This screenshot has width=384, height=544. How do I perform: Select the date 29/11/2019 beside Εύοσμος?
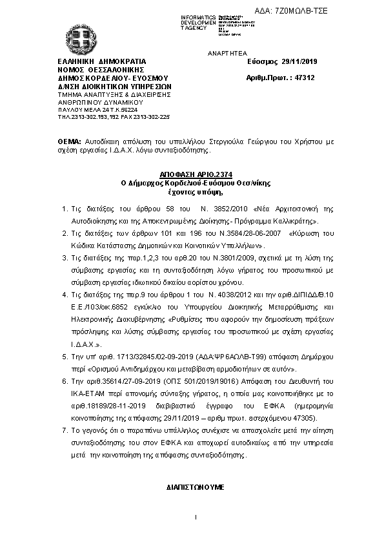click(x=300, y=61)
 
